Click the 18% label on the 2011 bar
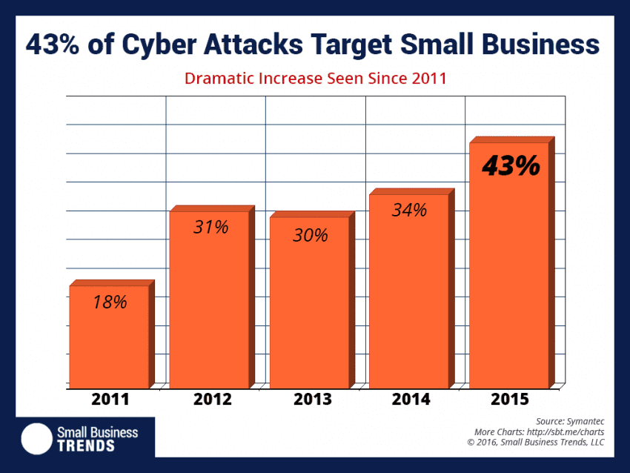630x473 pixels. pyautogui.click(x=110, y=302)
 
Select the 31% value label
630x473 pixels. pyautogui.click(x=211, y=228)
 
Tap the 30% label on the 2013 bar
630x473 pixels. pyautogui.click(x=310, y=235)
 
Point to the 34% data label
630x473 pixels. pyautogui.click(x=409, y=211)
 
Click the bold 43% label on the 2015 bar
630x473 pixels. pyautogui.click(x=511, y=167)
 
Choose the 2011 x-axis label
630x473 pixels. pyautogui.click(x=110, y=400)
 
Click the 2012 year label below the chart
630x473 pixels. pyautogui.click(x=213, y=400)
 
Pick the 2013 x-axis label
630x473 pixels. pyautogui.click(x=312, y=400)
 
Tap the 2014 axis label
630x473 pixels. pyautogui.click(x=410, y=400)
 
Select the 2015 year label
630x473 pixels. pyautogui.click(x=509, y=400)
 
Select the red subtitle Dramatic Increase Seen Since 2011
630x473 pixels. pyautogui.click(x=315, y=78)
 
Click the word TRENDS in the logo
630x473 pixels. pyautogui.click(x=86, y=446)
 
